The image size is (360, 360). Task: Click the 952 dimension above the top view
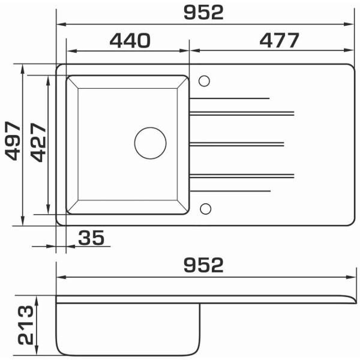[x=203, y=13]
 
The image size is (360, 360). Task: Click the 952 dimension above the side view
[x=203, y=265]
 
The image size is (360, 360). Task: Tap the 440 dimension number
[x=130, y=41]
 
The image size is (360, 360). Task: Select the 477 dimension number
[x=280, y=40]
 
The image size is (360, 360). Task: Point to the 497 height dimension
[x=13, y=140]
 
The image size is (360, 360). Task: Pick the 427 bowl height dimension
[x=38, y=143]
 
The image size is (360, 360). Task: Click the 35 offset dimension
[x=91, y=238]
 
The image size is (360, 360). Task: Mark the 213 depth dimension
[x=26, y=325]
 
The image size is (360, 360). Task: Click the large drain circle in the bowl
[x=151, y=143]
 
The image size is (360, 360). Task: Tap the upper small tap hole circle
[x=204, y=81]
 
